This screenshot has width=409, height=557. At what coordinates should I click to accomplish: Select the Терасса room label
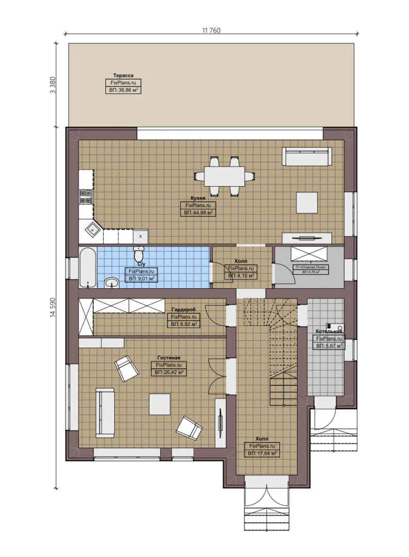(123, 75)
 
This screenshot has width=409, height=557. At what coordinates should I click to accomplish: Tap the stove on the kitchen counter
(86, 196)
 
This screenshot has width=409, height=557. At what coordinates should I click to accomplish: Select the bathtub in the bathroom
(87, 267)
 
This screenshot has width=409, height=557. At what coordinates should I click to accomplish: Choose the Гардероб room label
(184, 309)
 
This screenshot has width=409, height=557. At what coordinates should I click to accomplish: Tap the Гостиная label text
(169, 357)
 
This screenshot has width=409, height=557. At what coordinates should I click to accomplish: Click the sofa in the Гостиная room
(105, 412)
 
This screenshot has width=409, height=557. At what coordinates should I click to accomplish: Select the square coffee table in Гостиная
(160, 404)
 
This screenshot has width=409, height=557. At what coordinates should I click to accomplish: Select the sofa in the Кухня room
(307, 156)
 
